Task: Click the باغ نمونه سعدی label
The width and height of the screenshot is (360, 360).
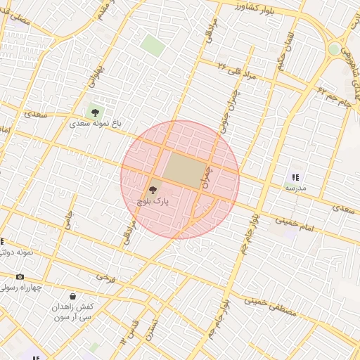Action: click(95, 123)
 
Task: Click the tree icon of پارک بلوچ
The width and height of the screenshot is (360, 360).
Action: click(153, 189)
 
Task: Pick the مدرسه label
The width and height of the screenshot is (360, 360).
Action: click(295, 188)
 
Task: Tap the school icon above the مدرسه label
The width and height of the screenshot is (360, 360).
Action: click(295, 177)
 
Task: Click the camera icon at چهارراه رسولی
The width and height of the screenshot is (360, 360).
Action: click(20, 277)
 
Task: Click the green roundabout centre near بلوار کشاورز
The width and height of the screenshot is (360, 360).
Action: click(334, 49)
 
